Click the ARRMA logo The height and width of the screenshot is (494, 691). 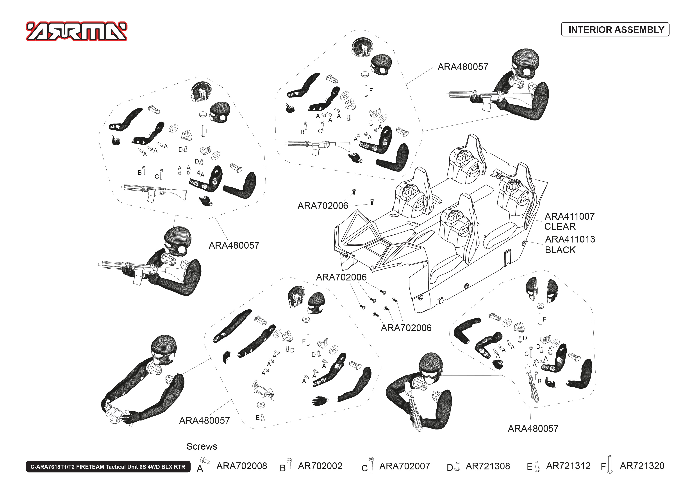pos(77,31)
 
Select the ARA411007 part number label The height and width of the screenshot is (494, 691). pos(569,216)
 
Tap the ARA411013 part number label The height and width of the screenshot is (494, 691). pos(570,239)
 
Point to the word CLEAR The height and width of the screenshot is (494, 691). pos(560,227)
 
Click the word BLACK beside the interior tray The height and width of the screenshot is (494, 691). pos(560,250)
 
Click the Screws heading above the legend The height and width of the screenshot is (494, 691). pos(202,446)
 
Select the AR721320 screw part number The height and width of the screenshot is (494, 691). pos(642,466)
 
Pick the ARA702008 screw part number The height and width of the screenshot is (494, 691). pos(242,466)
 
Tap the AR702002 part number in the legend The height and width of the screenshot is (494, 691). pos(320,466)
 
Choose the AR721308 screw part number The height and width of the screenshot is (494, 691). pos(488,466)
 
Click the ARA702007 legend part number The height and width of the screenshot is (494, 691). pos(404,466)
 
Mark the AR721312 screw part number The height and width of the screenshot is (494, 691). pos(568,466)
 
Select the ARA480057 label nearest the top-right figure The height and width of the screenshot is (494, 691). pos(462,67)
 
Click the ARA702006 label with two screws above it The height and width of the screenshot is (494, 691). pos(323,206)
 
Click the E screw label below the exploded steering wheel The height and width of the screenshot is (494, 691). pos(257,418)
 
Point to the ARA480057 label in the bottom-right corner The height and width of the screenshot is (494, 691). pos(533,429)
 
